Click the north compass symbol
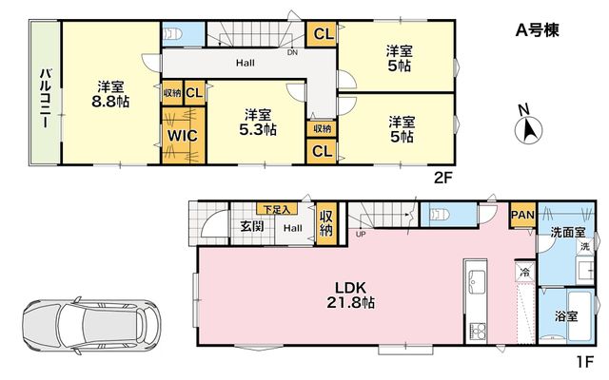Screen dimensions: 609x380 528,129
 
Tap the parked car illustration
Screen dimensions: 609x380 91,326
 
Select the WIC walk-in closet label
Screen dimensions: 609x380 183,136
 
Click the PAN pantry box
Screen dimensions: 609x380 522,215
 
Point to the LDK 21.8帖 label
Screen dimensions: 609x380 351,295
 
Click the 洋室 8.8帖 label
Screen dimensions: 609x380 110,94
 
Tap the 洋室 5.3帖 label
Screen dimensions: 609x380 258,123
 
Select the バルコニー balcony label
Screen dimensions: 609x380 46,98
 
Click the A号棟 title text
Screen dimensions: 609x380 537,29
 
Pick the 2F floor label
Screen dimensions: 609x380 443,178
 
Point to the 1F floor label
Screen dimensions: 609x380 585,362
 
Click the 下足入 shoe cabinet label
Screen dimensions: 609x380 277,209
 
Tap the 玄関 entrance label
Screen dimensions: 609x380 252,226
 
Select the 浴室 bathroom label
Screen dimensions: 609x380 566,316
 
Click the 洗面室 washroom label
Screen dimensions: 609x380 567,232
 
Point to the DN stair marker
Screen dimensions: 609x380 292,52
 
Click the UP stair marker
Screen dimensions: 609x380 361,234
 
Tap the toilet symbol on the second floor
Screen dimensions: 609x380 173,34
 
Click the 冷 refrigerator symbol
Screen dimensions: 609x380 524,272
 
